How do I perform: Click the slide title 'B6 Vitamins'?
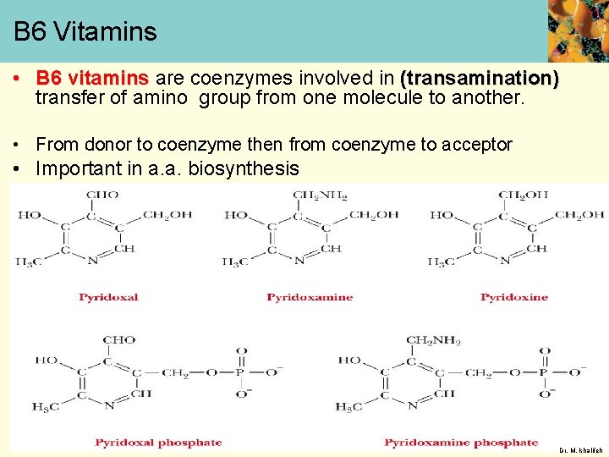[x=85, y=32]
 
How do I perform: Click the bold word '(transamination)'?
[x=480, y=79]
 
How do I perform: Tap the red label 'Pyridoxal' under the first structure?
[x=108, y=297]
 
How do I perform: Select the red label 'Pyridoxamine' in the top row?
[x=310, y=297]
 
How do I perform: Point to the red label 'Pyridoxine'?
[x=514, y=297]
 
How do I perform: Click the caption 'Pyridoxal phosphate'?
[x=158, y=442]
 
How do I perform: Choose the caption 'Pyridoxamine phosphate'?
[x=461, y=442]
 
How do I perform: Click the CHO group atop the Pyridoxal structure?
[x=102, y=195]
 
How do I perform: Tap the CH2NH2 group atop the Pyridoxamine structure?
[x=320, y=195]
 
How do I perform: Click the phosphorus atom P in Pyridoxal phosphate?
[x=242, y=372]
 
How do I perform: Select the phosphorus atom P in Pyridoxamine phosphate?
[x=545, y=372]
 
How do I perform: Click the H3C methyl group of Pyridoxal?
[x=29, y=262]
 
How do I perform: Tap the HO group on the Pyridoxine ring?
[x=442, y=215]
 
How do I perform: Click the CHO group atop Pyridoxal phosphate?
[x=118, y=340]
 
